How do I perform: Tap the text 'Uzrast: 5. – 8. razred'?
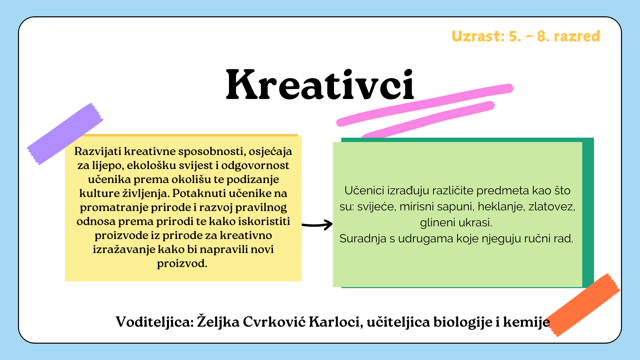tap(526, 36)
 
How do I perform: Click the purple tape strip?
tap(65, 134)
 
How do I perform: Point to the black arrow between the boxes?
tap(317, 224)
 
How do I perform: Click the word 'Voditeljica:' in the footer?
tap(155, 322)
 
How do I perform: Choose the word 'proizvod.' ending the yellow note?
tap(182, 264)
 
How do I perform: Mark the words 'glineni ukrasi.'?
tap(456, 223)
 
